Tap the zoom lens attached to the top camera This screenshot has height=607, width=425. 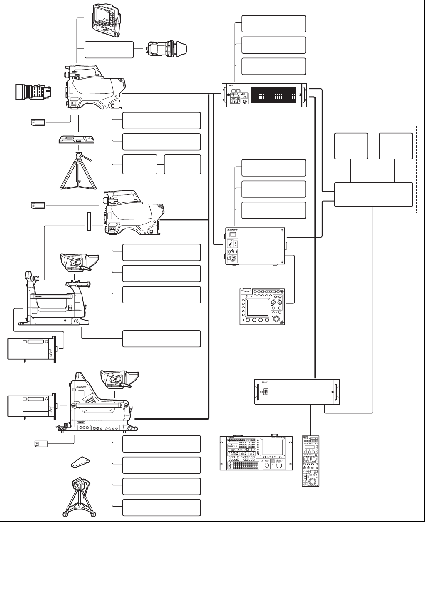tap(32, 92)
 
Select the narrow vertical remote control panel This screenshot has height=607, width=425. tap(311, 461)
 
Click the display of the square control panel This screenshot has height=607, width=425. tap(258, 307)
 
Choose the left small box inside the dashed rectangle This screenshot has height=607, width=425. tap(351, 146)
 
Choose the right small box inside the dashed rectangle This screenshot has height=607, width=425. tap(395, 146)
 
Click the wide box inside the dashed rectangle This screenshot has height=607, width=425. tap(373, 194)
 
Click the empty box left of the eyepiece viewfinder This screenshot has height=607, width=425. tap(109, 50)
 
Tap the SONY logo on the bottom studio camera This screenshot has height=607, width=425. tap(81, 387)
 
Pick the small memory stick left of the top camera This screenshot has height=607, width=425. tap(38, 122)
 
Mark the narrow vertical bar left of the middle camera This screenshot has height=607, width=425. tap(88, 221)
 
